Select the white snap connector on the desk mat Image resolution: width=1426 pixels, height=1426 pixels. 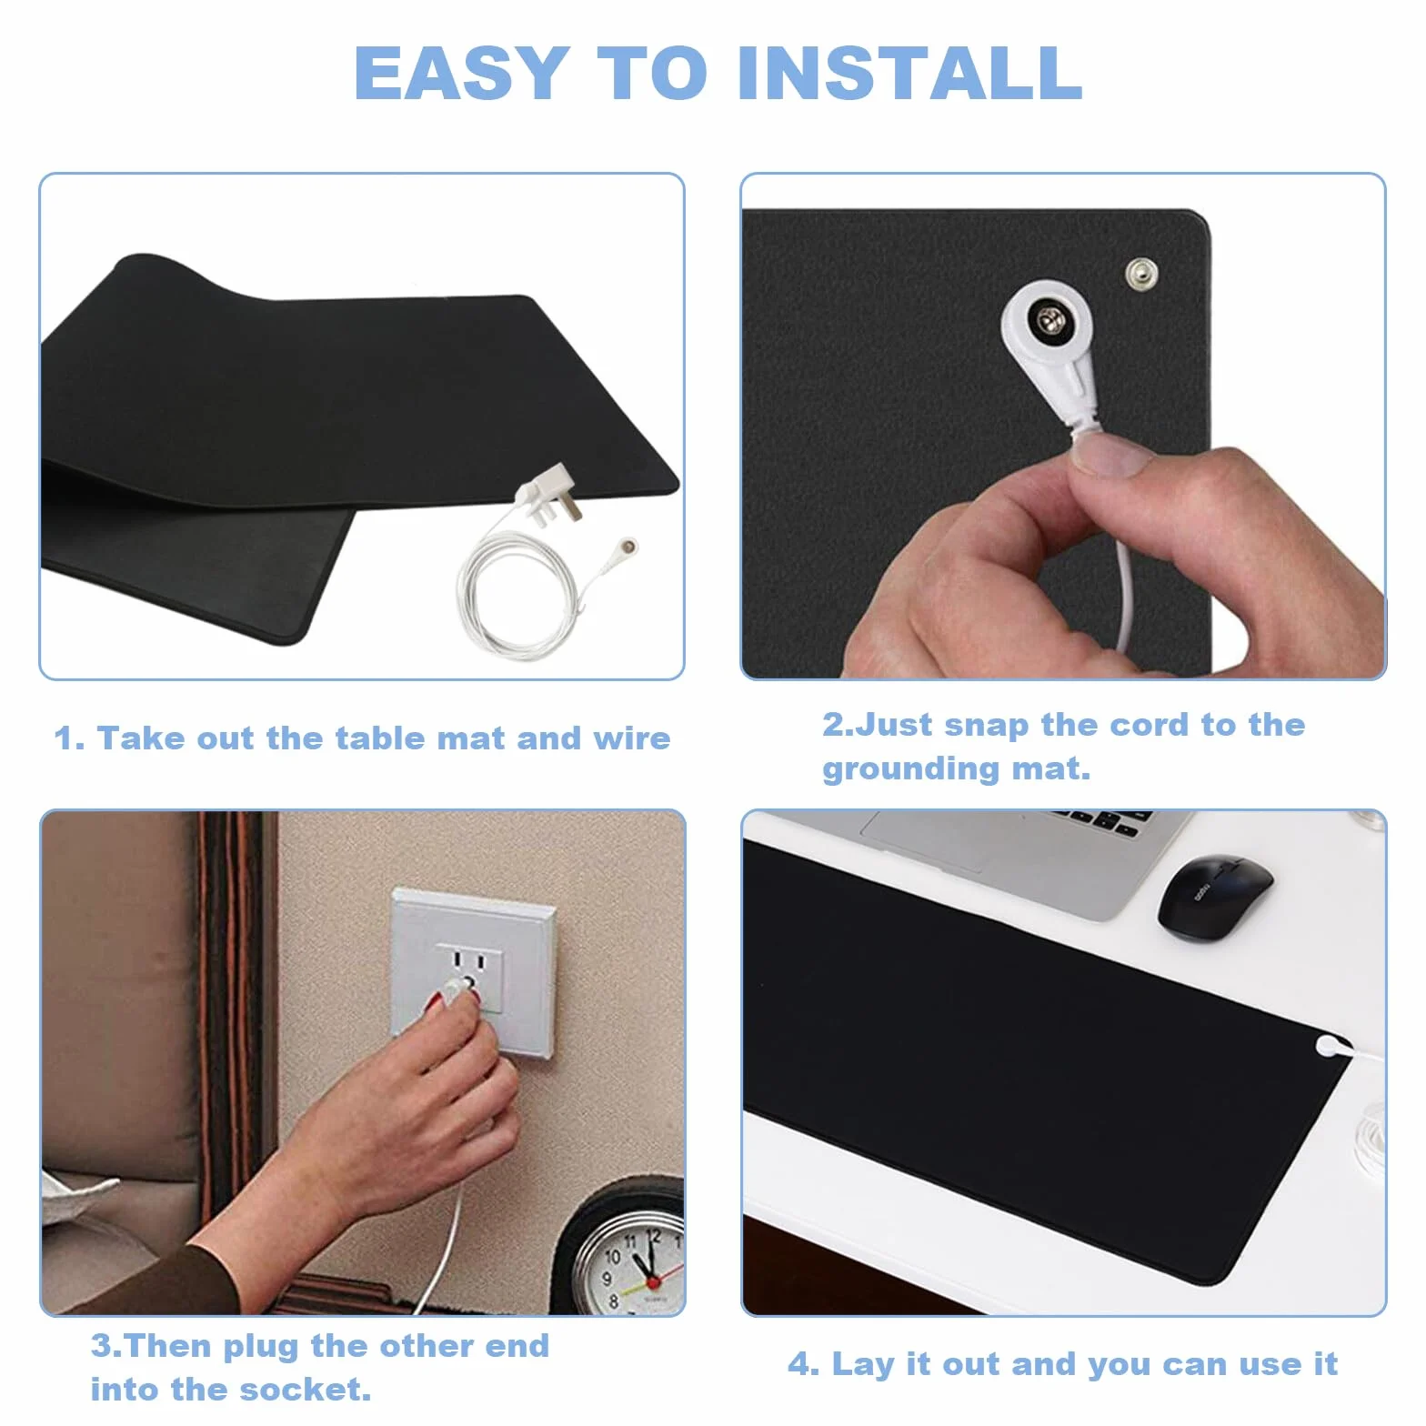(x=1330, y=1045)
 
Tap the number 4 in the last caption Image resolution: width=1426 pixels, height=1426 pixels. (x=798, y=1364)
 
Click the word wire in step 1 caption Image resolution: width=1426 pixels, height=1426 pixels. (x=632, y=738)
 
